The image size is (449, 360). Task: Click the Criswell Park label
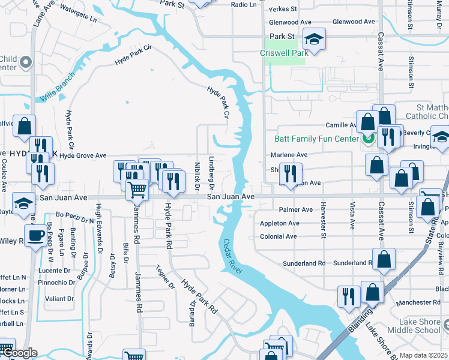(284, 53)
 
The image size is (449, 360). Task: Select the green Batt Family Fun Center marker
(367, 139)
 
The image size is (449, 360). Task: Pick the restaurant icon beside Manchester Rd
(349, 296)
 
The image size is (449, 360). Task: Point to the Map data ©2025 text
(423, 355)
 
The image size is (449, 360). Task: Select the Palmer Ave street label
(296, 209)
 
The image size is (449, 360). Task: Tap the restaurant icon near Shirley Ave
(291, 173)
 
